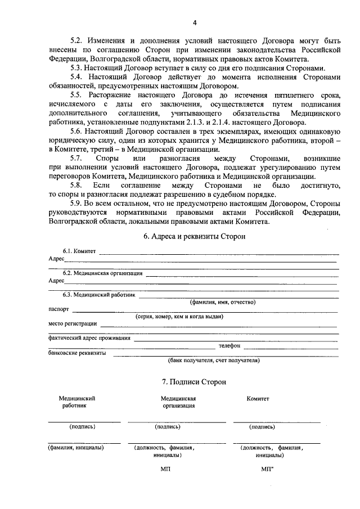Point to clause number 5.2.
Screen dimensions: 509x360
point(76,41)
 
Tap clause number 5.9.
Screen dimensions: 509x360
point(76,203)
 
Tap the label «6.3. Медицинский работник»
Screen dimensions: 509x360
point(99,294)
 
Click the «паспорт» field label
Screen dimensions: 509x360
point(58,309)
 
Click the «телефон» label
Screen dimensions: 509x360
point(229,345)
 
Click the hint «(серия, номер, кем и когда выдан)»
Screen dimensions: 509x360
point(179,317)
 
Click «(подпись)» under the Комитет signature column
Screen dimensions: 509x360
point(262,427)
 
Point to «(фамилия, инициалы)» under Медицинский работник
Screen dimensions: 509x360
point(75,448)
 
